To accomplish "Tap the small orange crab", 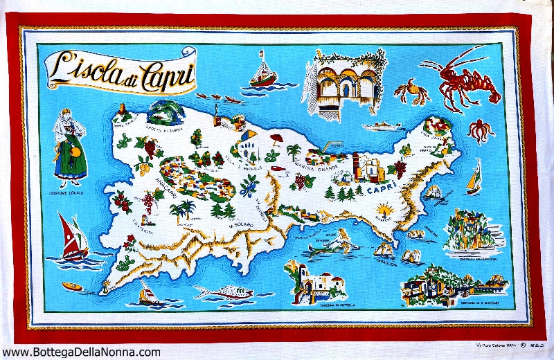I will click(408, 92).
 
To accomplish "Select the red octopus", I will click(480, 129).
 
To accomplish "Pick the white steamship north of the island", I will click(384, 127).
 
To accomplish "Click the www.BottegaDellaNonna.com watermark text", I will click(81, 352).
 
